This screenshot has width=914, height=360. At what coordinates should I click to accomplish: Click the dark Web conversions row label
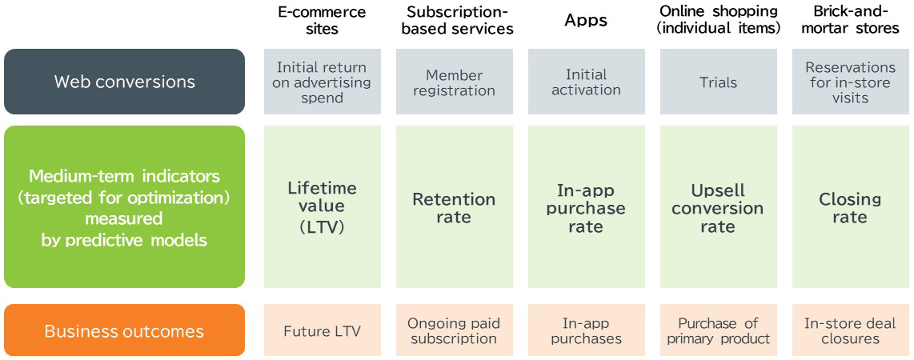(124, 82)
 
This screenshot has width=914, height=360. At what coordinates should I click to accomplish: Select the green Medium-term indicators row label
(124, 206)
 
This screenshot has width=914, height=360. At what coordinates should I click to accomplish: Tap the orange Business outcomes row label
(124, 330)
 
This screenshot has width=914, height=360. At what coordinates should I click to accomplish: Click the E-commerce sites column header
(322, 20)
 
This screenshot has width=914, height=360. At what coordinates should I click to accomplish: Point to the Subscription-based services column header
(455, 20)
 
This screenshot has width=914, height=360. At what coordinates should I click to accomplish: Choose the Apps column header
(586, 20)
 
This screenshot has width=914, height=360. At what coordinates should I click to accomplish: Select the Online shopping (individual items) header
(718, 20)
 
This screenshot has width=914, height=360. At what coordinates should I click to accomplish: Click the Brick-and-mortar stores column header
(851, 20)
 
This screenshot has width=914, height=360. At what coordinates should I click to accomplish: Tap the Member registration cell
(455, 82)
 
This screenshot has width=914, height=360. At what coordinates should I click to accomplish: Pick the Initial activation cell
(587, 82)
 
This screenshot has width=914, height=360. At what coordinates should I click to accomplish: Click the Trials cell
(719, 82)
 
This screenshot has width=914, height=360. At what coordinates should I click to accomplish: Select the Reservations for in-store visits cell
(851, 82)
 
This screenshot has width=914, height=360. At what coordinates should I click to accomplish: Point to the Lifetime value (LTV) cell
(323, 206)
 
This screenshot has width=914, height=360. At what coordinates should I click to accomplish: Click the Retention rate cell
(455, 206)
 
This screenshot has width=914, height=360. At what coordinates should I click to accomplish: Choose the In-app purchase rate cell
(587, 206)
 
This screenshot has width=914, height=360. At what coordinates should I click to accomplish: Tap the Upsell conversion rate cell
(719, 206)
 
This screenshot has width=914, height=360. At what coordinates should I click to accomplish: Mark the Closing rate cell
(851, 206)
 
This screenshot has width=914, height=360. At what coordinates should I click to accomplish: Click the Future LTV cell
(323, 330)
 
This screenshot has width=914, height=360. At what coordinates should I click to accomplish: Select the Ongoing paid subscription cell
(455, 330)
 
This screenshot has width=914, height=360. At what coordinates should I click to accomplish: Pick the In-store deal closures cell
(851, 330)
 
